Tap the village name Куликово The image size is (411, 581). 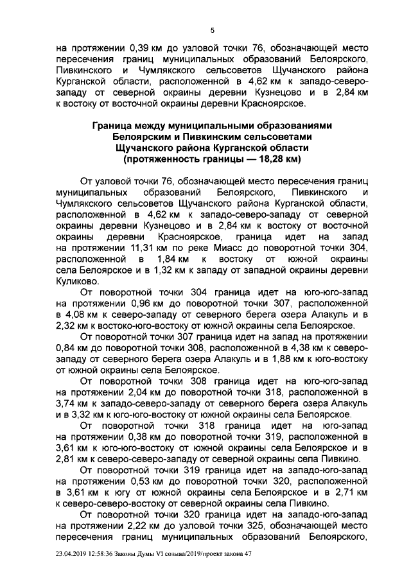[x=77, y=280]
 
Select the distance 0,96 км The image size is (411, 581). [x=149, y=302]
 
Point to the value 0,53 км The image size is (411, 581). [x=149, y=481]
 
